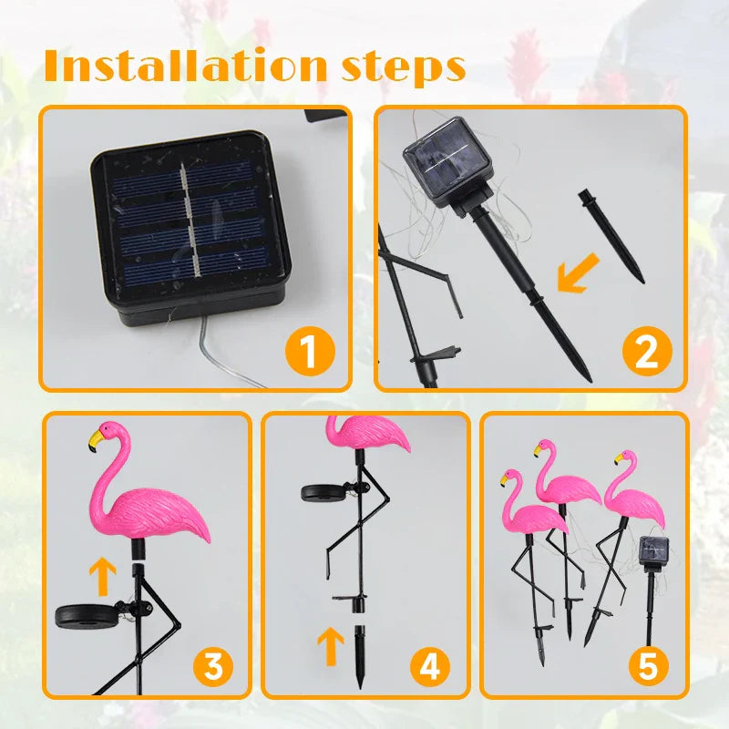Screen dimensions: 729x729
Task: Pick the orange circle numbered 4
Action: (429, 668)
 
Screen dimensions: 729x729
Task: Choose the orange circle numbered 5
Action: (647, 668)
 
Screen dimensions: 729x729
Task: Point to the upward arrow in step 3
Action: (104, 577)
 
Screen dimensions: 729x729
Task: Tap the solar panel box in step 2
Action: (447, 169)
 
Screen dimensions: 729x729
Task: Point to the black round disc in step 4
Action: (322, 493)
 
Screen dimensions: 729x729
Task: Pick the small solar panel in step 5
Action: (654, 550)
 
